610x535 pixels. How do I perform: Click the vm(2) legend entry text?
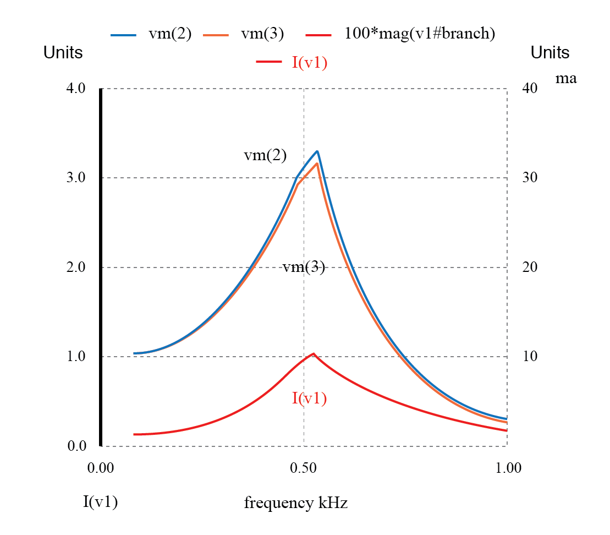click(x=170, y=34)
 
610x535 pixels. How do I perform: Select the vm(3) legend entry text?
click(x=262, y=34)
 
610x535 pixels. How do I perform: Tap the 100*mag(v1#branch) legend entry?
click(x=420, y=34)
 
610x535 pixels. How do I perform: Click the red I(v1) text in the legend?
click(x=309, y=63)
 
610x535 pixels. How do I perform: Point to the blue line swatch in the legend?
click(x=123, y=35)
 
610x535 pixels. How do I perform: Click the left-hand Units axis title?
click(x=63, y=53)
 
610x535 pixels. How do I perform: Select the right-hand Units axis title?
click(x=550, y=53)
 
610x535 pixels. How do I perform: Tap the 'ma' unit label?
click(x=566, y=78)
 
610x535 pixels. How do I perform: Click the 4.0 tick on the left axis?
click(x=76, y=88)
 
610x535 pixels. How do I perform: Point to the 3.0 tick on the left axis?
click(x=76, y=178)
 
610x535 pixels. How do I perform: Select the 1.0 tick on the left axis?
click(x=76, y=356)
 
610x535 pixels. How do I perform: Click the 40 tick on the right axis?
click(x=529, y=88)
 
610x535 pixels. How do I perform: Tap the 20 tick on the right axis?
click(x=529, y=267)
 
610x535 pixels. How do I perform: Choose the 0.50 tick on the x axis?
click(x=303, y=468)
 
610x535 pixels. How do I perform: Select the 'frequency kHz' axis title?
click(x=296, y=503)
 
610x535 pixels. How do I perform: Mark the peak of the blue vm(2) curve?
click(x=317, y=151)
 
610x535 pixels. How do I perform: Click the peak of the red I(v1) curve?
click(x=313, y=354)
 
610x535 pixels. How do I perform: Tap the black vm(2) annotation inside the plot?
click(x=265, y=156)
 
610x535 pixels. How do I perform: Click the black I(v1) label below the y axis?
click(x=101, y=501)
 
